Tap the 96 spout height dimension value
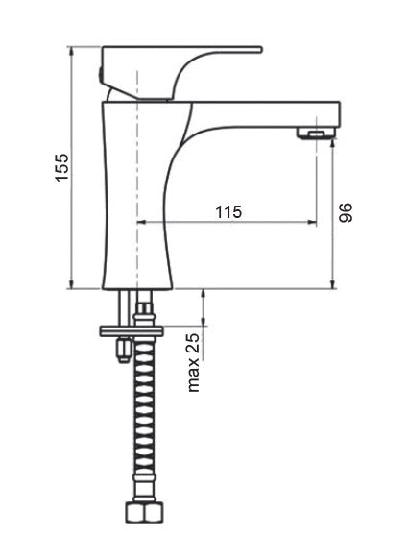point(347,212)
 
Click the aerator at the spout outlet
point(312,133)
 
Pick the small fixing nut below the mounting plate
point(122,352)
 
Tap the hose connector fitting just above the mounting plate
point(145,311)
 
